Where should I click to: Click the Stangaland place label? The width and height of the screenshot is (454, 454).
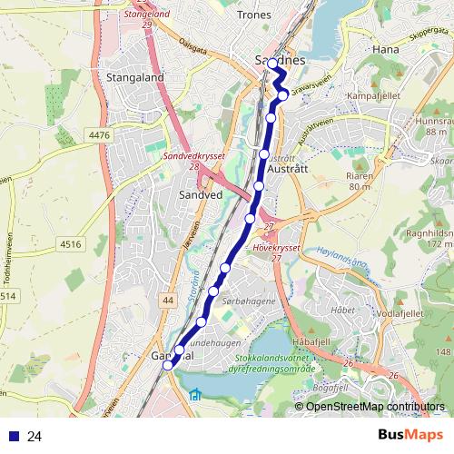point(134,78)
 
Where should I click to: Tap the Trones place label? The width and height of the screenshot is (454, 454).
point(253,15)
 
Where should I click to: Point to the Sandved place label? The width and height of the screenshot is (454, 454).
point(200,194)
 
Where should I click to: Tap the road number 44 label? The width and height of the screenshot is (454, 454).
point(168,299)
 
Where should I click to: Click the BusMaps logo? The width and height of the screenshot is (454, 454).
point(410,436)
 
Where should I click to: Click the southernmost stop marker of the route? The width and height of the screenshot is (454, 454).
point(168,366)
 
